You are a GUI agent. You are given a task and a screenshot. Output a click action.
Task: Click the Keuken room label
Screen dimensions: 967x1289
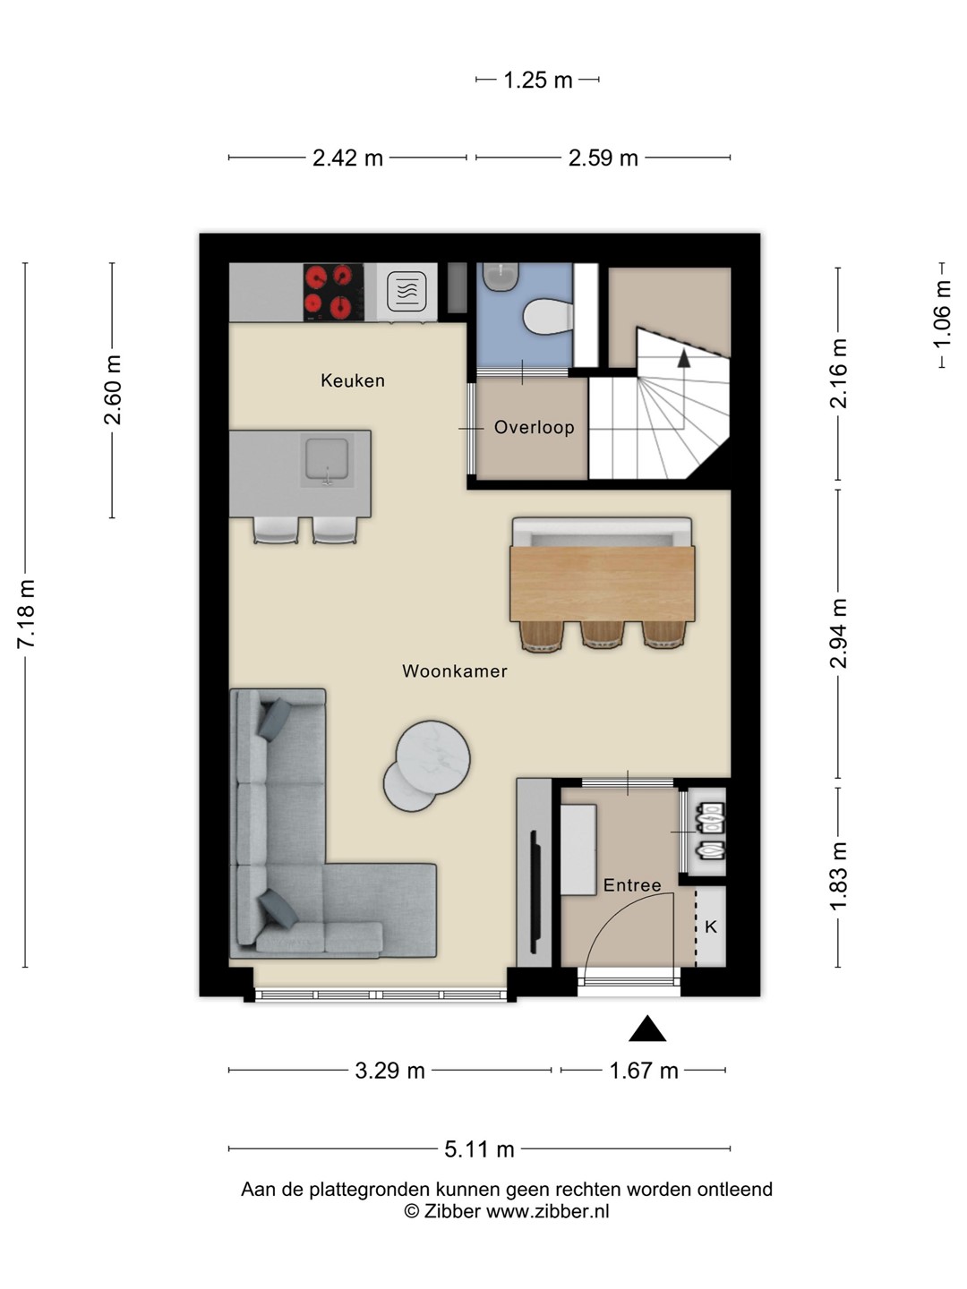coord(352,380)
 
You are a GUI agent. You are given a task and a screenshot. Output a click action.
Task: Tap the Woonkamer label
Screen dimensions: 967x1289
coord(455,670)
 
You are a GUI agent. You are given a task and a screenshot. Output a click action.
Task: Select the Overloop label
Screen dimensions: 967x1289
coord(534,428)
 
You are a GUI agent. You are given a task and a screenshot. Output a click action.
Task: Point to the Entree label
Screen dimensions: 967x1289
coord(632,885)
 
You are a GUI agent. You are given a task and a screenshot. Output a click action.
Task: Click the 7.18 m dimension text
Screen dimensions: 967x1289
coord(27,614)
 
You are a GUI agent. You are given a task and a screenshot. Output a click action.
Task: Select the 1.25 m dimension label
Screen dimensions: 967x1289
coord(538,80)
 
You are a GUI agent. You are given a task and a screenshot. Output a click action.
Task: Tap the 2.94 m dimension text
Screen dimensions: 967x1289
coord(838,634)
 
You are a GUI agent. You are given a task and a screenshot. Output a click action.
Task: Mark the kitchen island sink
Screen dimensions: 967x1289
coord(327,460)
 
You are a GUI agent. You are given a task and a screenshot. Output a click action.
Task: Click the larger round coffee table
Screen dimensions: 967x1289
coord(432,757)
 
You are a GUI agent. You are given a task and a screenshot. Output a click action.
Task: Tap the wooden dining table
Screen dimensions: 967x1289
coord(603,583)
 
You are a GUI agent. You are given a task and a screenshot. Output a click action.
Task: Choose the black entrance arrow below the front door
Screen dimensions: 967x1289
coord(647,1029)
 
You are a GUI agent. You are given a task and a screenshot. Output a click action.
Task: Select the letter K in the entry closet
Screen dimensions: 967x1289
coord(710,926)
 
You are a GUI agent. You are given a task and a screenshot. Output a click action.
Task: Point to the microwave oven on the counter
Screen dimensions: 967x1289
coord(406,291)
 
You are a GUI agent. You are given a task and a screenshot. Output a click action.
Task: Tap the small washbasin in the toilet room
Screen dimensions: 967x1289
coord(501,277)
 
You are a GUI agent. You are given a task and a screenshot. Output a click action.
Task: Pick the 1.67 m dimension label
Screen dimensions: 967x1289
coord(644,1071)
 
